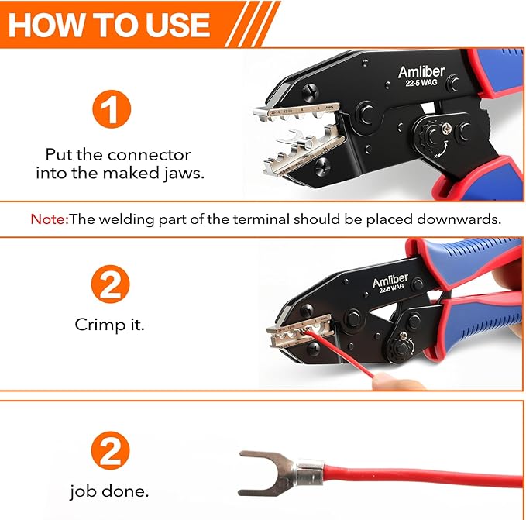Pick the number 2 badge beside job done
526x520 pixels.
[111, 451]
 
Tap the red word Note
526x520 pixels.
[47, 219]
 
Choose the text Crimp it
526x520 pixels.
[110, 325]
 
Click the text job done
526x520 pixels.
[109, 491]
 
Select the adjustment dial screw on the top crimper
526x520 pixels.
[448, 132]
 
